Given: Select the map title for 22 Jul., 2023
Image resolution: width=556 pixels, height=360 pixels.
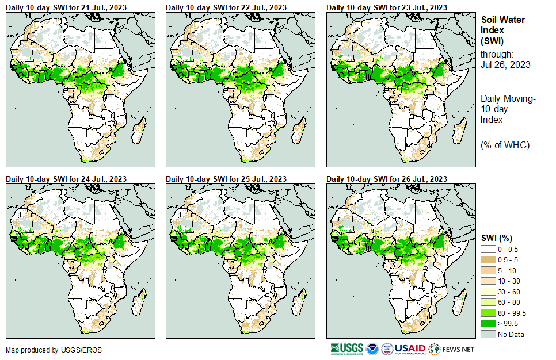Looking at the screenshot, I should (x=226, y=7).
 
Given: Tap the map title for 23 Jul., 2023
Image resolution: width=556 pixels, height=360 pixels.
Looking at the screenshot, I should (x=387, y=7).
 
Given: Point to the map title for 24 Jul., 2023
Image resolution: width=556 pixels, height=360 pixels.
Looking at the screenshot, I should (x=66, y=179).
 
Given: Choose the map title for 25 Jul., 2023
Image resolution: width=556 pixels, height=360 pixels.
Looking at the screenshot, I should (x=226, y=179).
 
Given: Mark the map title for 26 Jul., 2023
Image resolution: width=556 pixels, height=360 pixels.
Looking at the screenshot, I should (x=387, y=179).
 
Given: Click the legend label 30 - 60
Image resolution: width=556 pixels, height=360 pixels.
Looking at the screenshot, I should (x=509, y=292).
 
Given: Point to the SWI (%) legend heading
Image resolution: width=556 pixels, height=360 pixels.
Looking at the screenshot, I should (x=496, y=238).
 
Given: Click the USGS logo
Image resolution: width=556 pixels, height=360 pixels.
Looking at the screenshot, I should (x=347, y=349).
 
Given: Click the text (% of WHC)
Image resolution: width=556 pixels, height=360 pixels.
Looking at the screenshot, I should (x=505, y=145).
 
